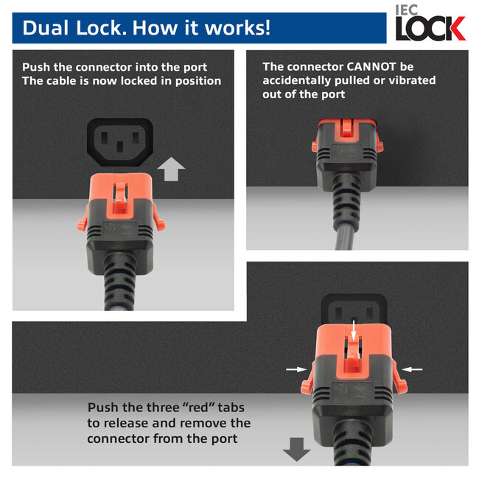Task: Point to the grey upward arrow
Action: point(171,169)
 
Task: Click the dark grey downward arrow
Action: point(297,449)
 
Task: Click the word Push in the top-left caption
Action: point(38,66)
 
